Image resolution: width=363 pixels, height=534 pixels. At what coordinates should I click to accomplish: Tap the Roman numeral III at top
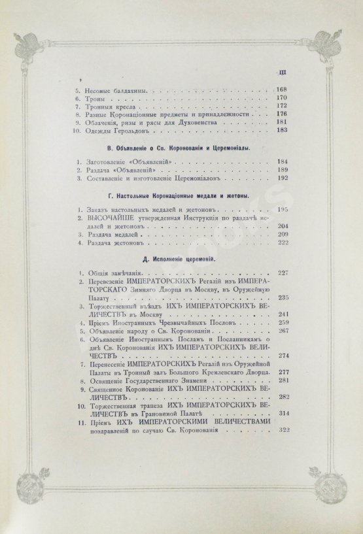click(283, 72)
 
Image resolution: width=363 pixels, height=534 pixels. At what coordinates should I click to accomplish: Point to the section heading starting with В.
click(180, 148)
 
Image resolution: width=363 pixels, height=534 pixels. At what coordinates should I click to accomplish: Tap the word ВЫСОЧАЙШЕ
click(103, 217)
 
